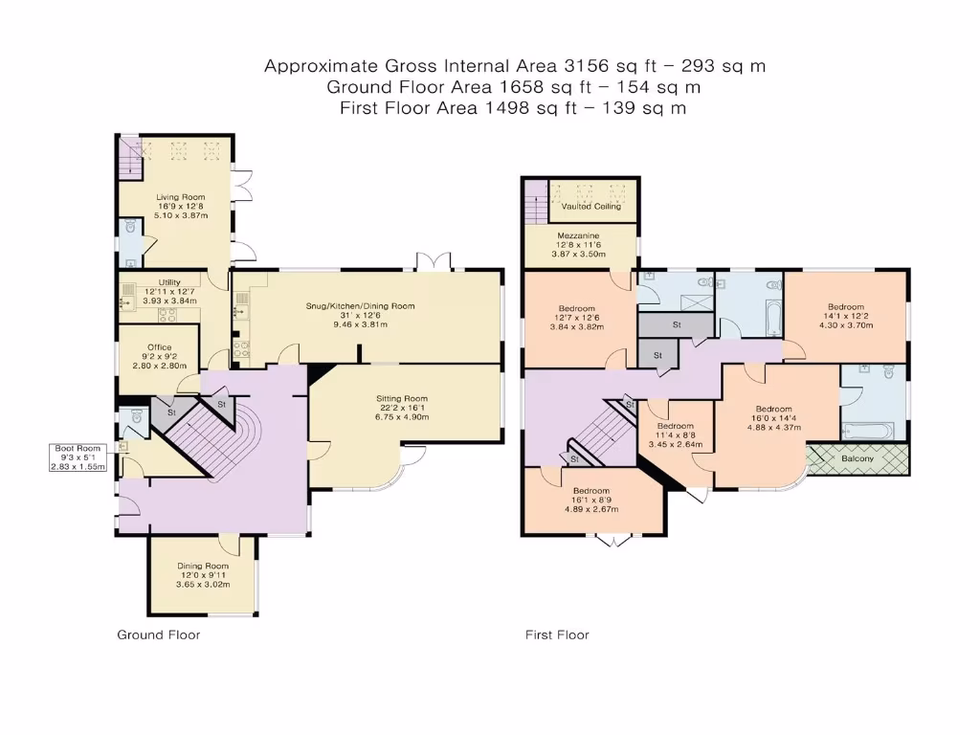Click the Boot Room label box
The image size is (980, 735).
click(x=77, y=457)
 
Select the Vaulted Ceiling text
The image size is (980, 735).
click(x=590, y=206)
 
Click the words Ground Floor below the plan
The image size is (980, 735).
click(x=159, y=635)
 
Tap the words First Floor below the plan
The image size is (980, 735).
click(x=557, y=635)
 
